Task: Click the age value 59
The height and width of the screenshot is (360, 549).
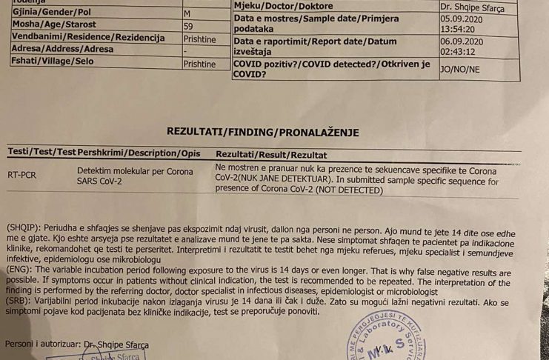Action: point(188,26)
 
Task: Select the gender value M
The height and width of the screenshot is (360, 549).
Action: point(187,14)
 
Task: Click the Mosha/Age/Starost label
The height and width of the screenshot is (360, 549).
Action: point(54,24)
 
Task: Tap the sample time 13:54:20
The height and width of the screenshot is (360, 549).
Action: point(459,29)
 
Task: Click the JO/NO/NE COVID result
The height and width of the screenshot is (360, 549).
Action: point(459,70)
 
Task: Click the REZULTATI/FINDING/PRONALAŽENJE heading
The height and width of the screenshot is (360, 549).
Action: point(263,133)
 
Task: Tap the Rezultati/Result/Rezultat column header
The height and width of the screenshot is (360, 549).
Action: point(270,155)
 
